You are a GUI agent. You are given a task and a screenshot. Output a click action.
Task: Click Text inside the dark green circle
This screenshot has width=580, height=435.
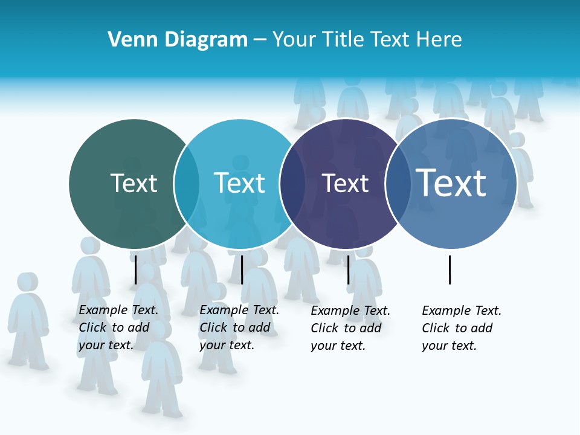[x=134, y=183]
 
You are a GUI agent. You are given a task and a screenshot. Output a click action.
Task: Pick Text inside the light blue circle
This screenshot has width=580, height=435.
[x=240, y=183]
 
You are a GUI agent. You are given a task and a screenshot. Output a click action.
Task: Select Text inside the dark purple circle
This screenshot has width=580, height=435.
[x=345, y=184]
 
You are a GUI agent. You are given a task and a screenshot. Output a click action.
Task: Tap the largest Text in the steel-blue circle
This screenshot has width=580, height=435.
[x=451, y=182]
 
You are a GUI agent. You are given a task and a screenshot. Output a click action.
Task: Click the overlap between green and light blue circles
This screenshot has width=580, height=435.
[x=187, y=184]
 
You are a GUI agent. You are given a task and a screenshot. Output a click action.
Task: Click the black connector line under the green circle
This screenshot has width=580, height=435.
[x=136, y=269]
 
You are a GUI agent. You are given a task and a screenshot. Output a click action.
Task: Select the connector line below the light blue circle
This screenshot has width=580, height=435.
[x=242, y=269]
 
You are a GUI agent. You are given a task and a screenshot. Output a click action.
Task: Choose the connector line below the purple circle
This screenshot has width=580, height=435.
[x=348, y=269]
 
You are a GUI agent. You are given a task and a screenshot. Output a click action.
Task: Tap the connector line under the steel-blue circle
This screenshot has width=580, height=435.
[x=450, y=269]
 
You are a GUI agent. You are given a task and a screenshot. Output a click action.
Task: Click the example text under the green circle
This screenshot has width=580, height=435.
[x=118, y=327]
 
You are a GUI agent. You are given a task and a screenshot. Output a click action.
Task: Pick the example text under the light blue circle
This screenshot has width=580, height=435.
[x=239, y=327]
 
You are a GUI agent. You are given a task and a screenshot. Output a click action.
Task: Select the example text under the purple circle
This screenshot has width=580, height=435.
[x=350, y=328]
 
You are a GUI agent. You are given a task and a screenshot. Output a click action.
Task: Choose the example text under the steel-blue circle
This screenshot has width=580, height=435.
[x=461, y=328]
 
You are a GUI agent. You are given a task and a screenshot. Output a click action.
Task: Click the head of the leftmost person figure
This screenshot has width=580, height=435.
[x=27, y=282]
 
